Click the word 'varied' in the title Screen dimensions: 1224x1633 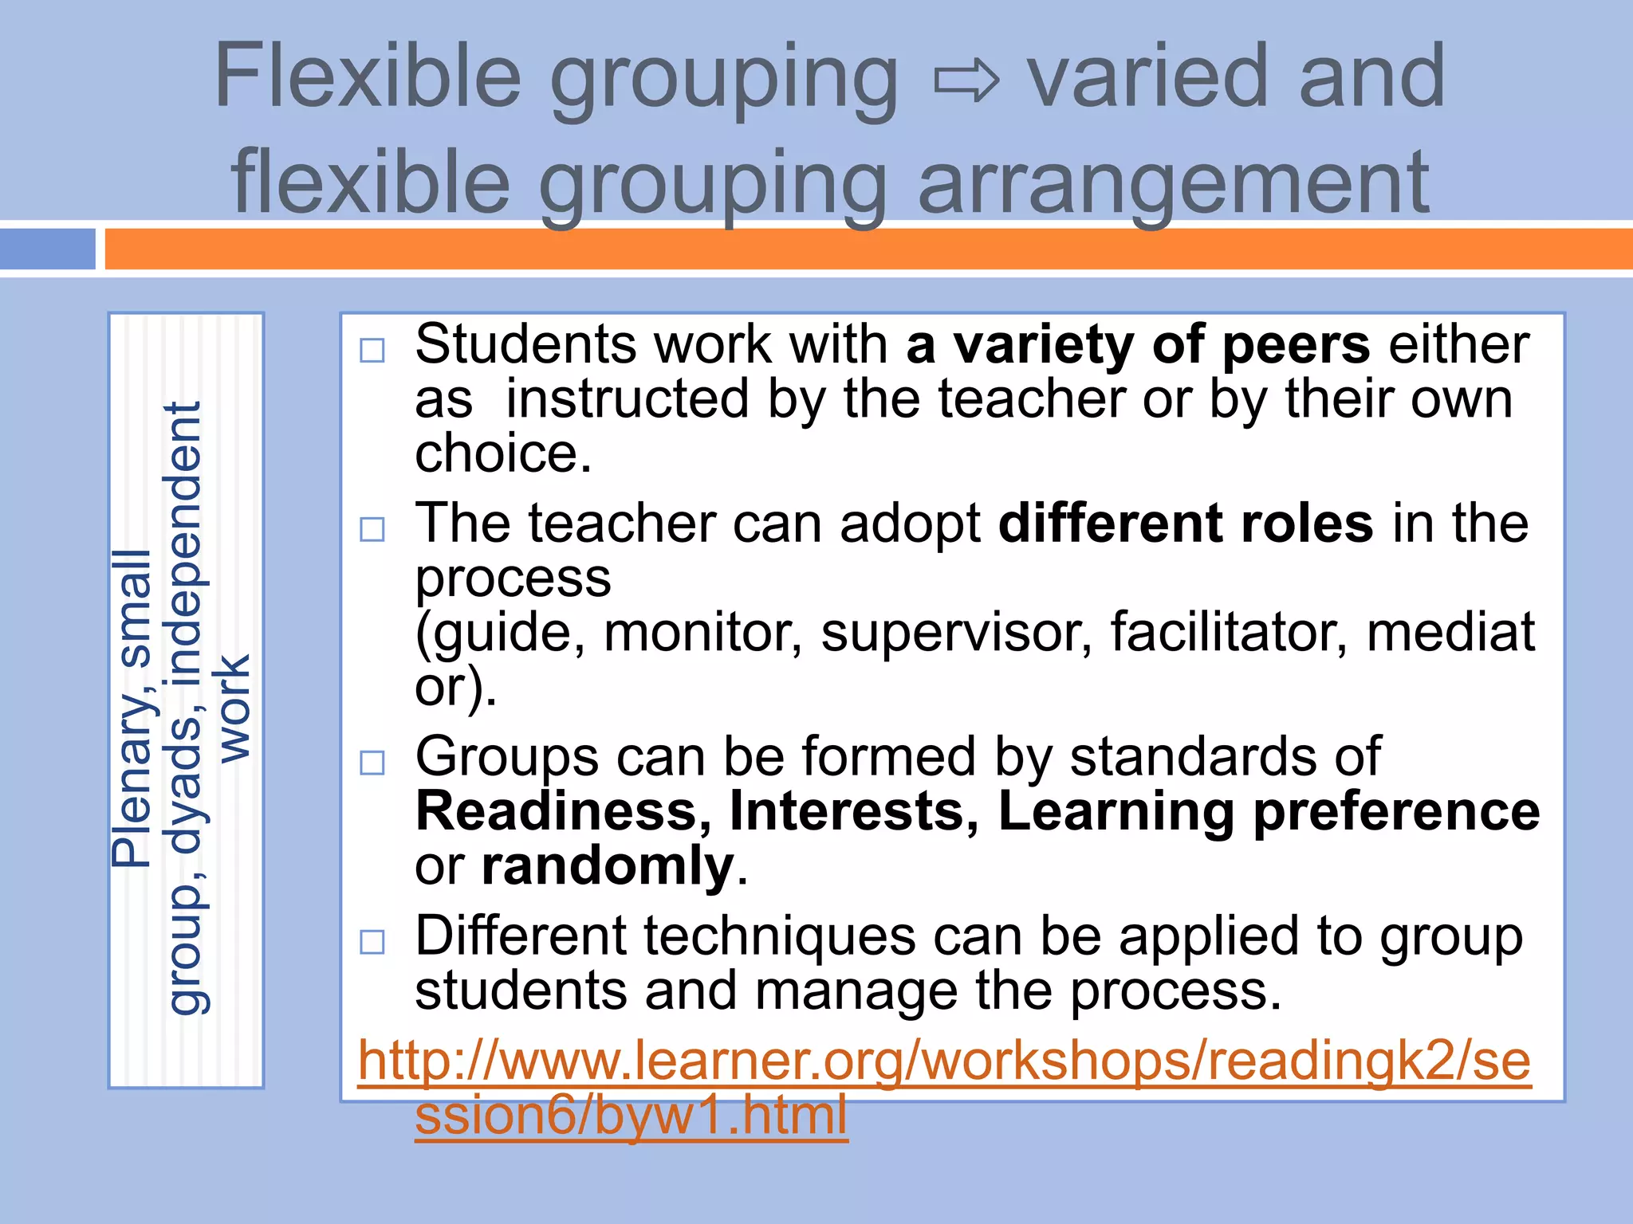(1147, 77)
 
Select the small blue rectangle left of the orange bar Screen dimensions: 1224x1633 (48, 249)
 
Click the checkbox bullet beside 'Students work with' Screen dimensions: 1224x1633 (372, 351)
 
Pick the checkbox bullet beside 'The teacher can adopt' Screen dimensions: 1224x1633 (372, 529)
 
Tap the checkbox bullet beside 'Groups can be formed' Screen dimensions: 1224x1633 (372, 763)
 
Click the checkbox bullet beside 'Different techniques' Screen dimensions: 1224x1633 (372, 942)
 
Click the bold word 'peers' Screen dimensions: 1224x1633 (1296, 346)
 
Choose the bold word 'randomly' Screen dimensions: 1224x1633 (608, 866)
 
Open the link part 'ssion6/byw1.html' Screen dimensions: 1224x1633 (631, 1115)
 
